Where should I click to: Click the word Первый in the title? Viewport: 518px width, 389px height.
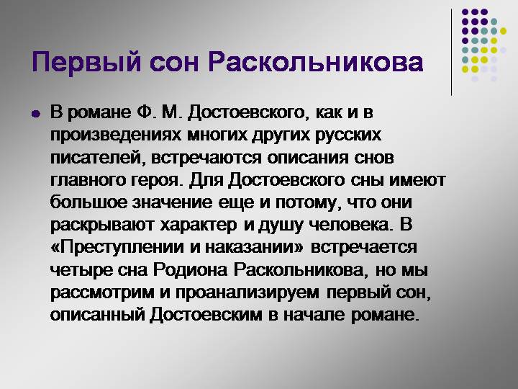[x=86, y=63]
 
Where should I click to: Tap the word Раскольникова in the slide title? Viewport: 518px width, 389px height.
[x=316, y=63]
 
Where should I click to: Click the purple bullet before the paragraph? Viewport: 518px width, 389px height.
[x=35, y=115]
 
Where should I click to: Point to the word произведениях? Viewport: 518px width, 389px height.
[x=116, y=135]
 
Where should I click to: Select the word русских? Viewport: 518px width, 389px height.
[x=348, y=135]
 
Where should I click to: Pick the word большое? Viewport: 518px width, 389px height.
[x=89, y=202]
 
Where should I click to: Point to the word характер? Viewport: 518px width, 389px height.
[x=199, y=225]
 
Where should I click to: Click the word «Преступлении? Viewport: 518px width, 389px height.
[x=117, y=247]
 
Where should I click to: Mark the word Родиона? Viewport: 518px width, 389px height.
[x=190, y=270]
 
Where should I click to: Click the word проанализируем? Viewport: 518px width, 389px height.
[x=247, y=292]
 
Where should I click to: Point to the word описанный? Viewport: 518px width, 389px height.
[x=97, y=315]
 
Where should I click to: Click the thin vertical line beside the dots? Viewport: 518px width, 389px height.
[x=451, y=53]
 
